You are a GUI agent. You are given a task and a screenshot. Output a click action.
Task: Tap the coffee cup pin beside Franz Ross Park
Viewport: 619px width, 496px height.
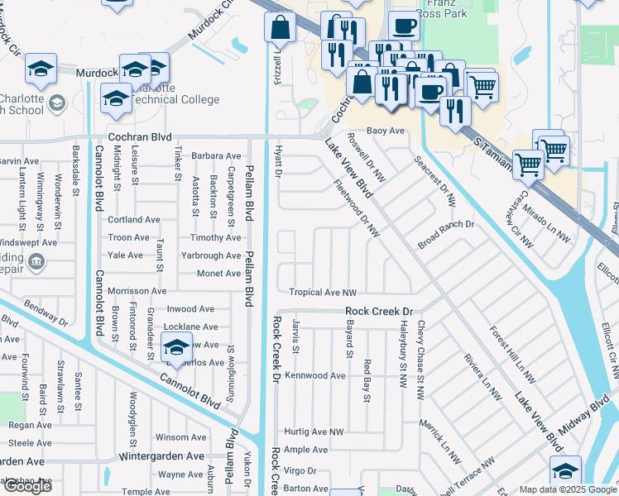pyautogui.click(x=404, y=26)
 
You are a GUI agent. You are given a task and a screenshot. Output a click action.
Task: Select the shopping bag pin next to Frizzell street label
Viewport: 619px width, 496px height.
pyautogui.click(x=281, y=27)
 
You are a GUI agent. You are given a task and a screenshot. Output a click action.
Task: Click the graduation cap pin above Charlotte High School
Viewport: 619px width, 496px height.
pyautogui.click(x=40, y=70)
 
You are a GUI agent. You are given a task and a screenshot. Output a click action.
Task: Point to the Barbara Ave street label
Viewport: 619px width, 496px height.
pyautogui.click(x=216, y=155)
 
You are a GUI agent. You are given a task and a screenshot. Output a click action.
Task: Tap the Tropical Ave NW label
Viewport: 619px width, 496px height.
pyautogui.click(x=323, y=293)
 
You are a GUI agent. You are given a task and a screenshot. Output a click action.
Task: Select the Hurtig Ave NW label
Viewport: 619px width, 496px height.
pyautogui.click(x=314, y=432)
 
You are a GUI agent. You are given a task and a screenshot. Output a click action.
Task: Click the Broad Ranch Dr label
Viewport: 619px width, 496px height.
pyautogui.click(x=445, y=224)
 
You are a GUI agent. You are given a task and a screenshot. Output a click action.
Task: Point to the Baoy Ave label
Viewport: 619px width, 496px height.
pyautogui.click(x=386, y=131)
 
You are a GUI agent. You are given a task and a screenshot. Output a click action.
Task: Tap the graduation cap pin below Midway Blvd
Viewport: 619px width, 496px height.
pyautogui.click(x=565, y=471)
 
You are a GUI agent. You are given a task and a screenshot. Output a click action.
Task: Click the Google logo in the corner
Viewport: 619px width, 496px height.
pyautogui.click(x=27, y=486)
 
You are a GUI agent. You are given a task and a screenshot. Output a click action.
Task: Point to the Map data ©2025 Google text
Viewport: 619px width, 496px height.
pyautogui.click(x=568, y=489)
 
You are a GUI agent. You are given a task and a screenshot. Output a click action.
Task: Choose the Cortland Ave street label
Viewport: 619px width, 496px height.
pyautogui.click(x=134, y=220)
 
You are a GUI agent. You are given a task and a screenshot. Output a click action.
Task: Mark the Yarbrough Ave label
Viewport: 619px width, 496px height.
pyautogui.click(x=212, y=255)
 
